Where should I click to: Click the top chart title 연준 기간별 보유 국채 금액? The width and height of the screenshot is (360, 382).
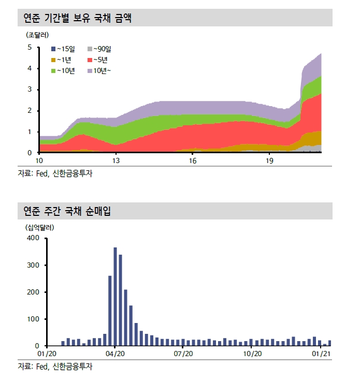78,19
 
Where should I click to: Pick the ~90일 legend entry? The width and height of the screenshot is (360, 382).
99,49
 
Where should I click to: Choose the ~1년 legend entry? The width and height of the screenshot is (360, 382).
63,60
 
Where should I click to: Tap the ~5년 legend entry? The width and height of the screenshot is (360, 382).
98,60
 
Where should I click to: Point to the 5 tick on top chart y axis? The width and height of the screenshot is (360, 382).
30,48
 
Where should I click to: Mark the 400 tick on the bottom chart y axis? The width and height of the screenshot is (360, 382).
33,238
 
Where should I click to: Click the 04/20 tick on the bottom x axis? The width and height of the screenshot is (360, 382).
115,354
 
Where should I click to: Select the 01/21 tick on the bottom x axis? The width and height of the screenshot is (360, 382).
322,354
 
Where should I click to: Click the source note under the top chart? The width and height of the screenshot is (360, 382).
56,174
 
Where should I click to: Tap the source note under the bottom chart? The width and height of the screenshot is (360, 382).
56,366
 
